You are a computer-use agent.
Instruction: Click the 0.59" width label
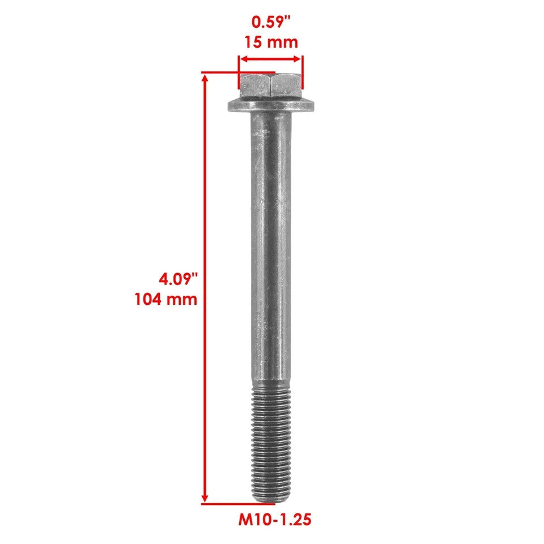(271, 23)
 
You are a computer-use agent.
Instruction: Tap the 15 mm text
(271, 42)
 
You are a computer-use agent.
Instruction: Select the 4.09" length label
(178, 279)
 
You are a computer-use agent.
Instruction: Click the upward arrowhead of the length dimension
(205, 78)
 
